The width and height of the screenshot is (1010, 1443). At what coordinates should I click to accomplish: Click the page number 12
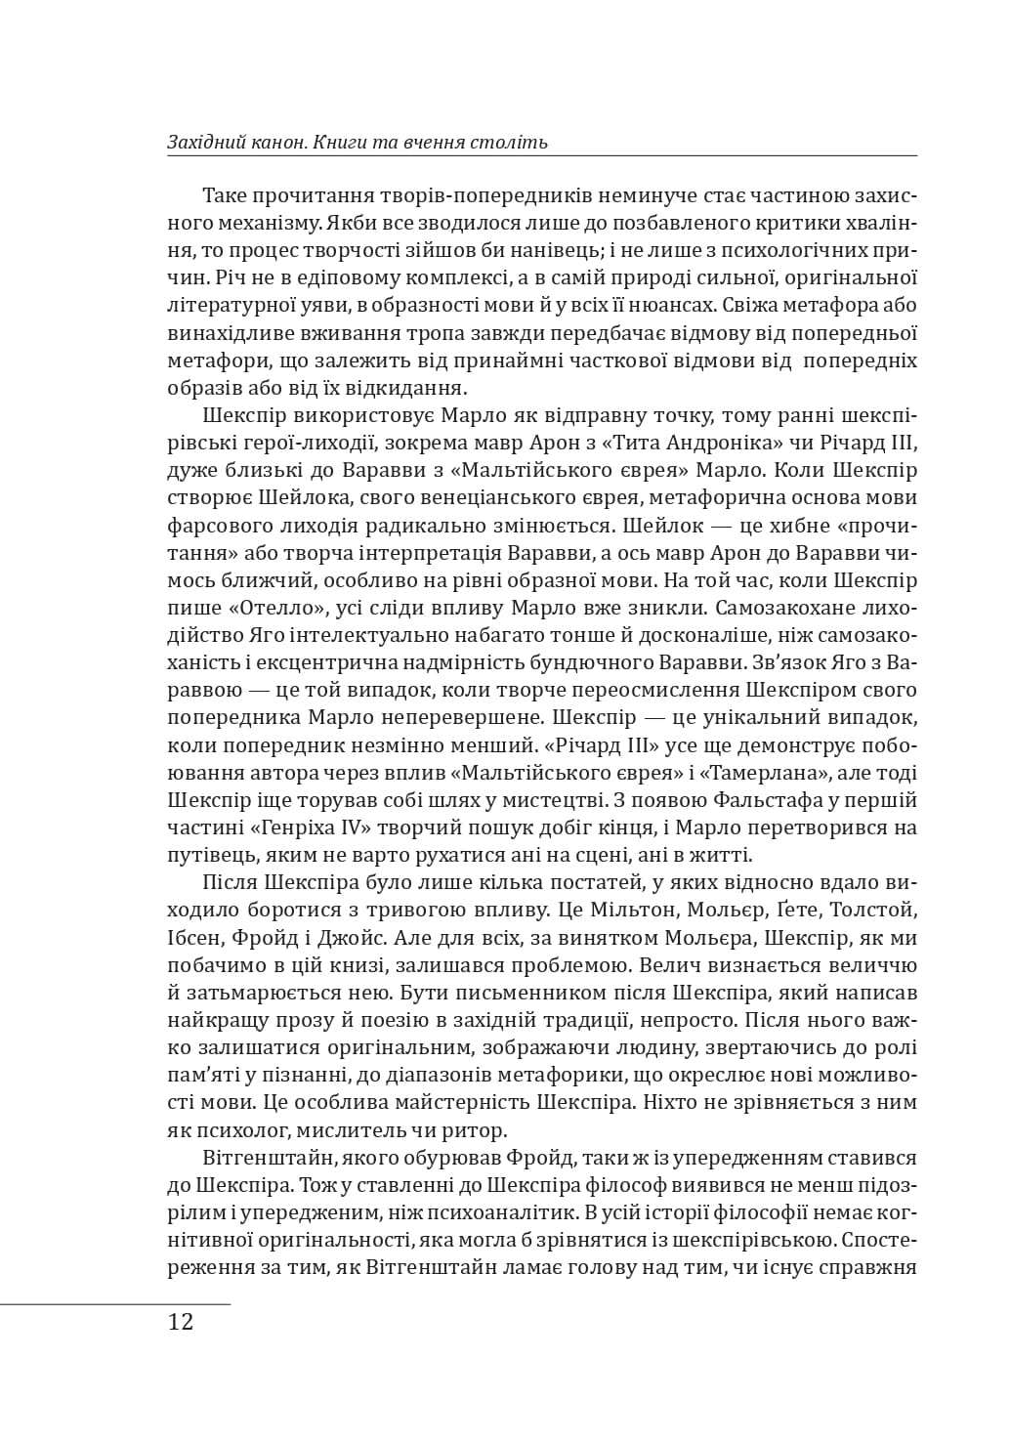(x=181, y=1323)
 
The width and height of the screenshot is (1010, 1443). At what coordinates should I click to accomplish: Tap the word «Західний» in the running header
(x=204, y=143)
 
